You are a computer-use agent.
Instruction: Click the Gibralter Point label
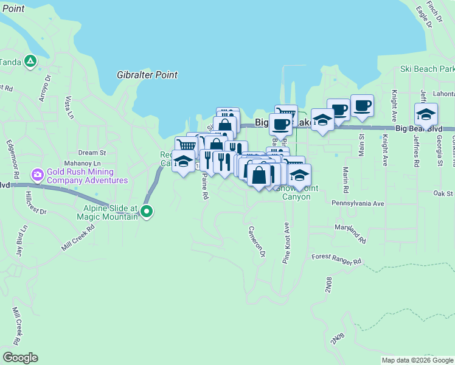147,75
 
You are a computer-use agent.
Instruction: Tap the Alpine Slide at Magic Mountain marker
146,212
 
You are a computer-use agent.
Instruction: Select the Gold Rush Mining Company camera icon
38,175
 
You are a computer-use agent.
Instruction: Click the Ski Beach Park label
427,69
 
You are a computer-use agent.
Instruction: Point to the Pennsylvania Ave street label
358,203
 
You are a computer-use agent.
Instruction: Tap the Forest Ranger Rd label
336,259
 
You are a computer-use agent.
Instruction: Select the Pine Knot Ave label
286,243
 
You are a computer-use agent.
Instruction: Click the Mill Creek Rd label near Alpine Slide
78,238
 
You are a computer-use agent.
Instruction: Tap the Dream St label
92,153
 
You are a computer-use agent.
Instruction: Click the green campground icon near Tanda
30,61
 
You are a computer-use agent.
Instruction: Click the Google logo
20,358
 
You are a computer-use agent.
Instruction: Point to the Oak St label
443,193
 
